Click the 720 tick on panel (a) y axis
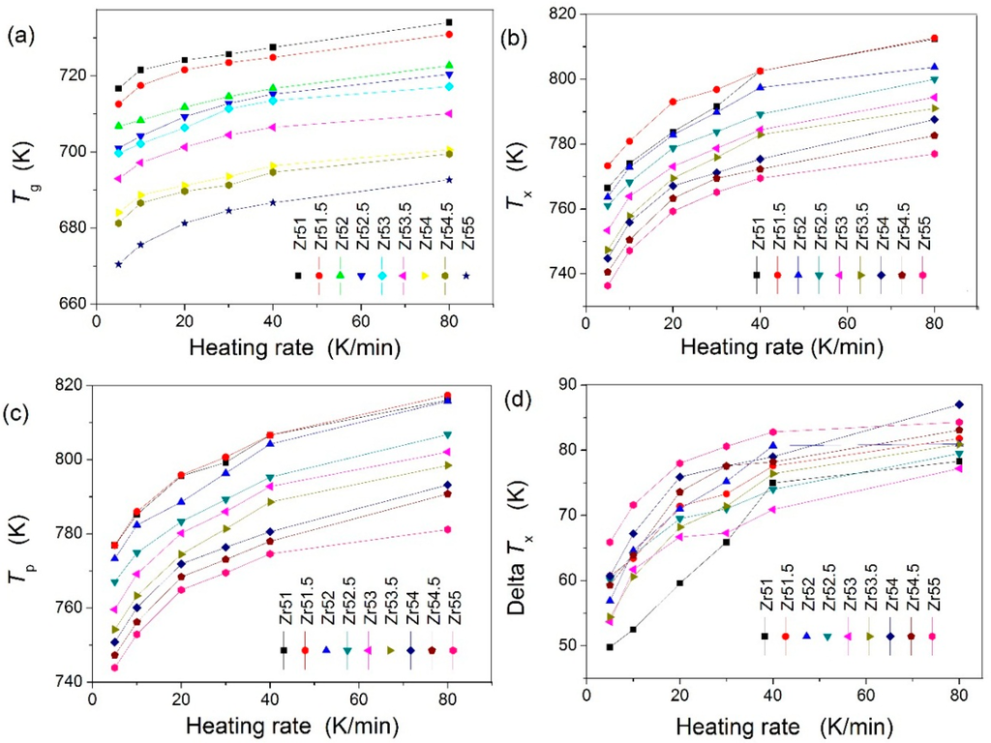click(x=74, y=75)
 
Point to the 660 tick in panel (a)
click(x=74, y=304)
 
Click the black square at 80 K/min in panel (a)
click(x=476, y=22)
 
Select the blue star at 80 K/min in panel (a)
click(x=476, y=180)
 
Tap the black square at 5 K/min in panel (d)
click(x=610, y=646)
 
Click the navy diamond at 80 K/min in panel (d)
click(x=959, y=404)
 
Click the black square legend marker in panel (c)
click(x=284, y=650)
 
